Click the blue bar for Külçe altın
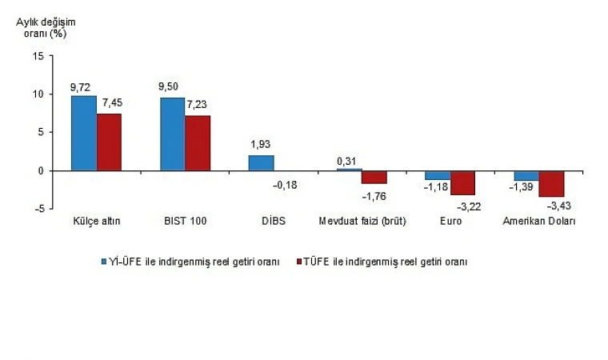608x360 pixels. pyautogui.click(x=84, y=133)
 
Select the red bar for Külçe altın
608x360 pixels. pyautogui.click(x=109, y=142)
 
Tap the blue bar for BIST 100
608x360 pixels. pyautogui.click(x=172, y=134)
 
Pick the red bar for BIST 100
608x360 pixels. pyautogui.click(x=198, y=143)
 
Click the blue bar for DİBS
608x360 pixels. pyautogui.click(x=261, y=162)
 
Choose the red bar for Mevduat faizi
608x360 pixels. pyautogui.click(x=374, y=177)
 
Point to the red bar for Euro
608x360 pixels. pyautogui.click(x=462, y=182)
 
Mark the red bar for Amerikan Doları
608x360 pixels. pyautogui.click(x=551, y=183)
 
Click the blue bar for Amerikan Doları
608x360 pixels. pyautogui.click(x=526, y=175)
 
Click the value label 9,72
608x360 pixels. pyautogui.click(x=83, y=86)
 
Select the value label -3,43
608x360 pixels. pyautogui.click(x=553, y=206)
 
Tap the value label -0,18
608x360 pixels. pyautogui.click(x=286, y=185)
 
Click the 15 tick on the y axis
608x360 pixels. pyautogui.click(x=38, y=56)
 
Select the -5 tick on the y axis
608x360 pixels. pyautogui.click(x=38, y=209)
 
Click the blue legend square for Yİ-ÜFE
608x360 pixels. pyautogui.click(x=103, y=262)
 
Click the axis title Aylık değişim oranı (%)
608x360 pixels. pyautogui.click(x=46, y=27)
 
